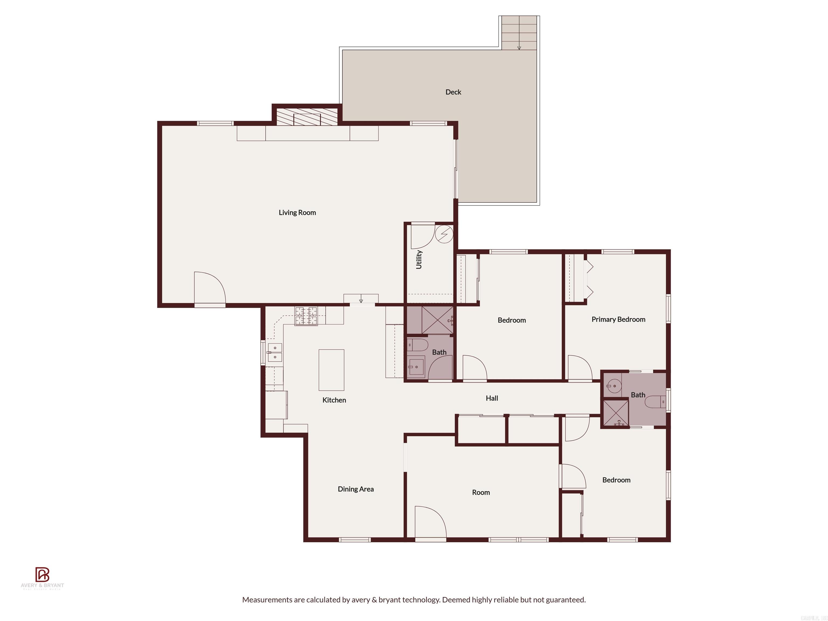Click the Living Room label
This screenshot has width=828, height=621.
(297, 213)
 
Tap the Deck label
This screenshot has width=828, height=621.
(453, 92)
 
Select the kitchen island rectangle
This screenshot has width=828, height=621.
(331, 370)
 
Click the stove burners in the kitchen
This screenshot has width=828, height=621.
(306, 316)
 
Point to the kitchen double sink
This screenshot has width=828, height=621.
(275, 353)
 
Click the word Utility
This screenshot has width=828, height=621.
(419, 259)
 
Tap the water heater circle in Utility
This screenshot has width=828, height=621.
(444, 234)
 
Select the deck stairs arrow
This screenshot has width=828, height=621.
(519, 47)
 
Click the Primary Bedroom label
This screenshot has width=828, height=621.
(618, 319)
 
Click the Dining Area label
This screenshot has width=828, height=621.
(356, 489)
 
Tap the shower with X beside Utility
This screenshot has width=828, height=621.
(437, 320)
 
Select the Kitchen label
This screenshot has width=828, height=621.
(334, 400)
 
